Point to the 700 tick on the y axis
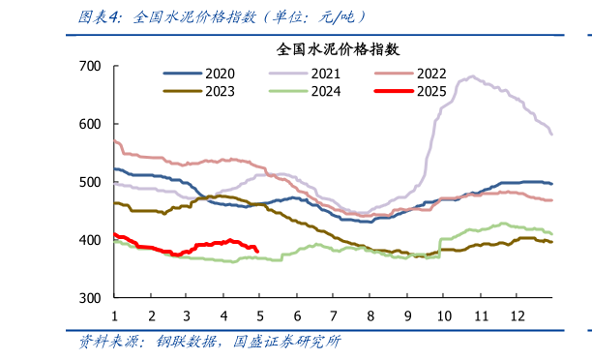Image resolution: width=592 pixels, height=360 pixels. [x=89, y=66]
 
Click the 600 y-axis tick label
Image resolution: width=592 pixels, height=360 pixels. [x=89, y=124]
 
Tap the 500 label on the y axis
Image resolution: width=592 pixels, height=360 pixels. [x=89, y=182]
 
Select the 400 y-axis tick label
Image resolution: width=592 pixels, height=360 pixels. [x=89, y=240]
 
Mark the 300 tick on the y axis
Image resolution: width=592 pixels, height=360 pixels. [x=89, y=298]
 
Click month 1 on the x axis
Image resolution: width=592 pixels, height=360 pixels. [x=114, y=316]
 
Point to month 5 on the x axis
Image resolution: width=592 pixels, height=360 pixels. [x=260, y=316]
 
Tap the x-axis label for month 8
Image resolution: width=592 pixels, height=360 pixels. [x=370, y=316]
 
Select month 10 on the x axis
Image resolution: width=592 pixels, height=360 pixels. [x=443, y=316]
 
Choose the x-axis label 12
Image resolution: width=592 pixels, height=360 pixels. [x=516, y=316]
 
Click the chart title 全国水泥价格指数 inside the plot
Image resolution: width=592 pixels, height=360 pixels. [x=339, y=48]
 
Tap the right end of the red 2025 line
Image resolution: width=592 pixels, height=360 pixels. [x=256, y=251]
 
